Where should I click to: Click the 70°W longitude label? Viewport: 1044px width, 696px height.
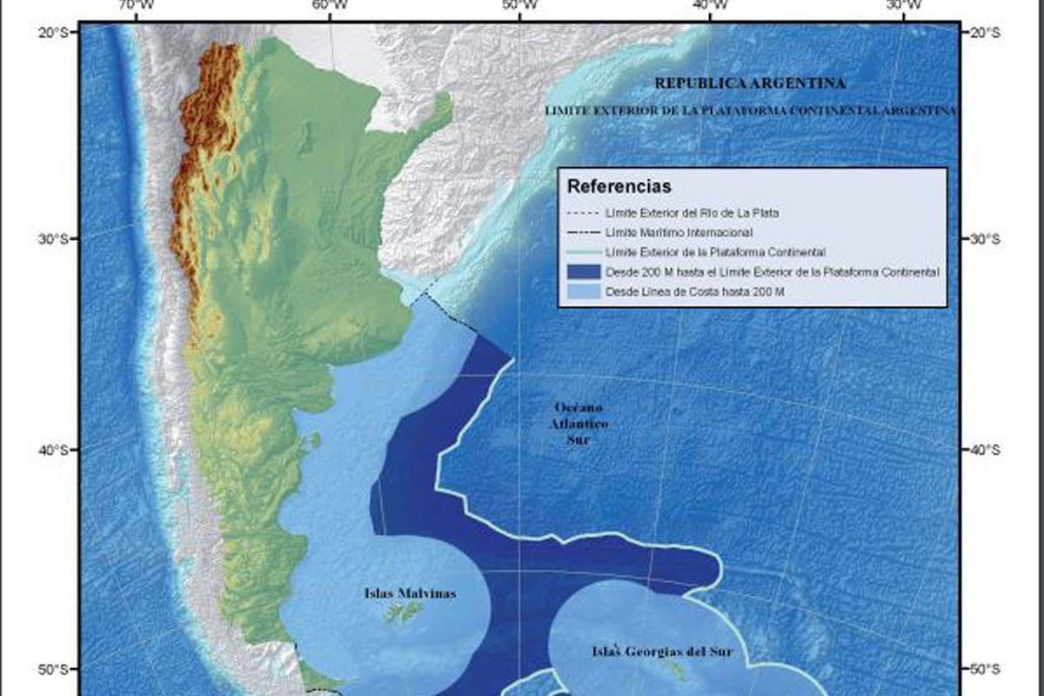pos(131,7)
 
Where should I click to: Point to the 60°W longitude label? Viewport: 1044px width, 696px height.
pos(325,7)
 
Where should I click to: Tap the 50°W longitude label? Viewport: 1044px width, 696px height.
pos(518,7)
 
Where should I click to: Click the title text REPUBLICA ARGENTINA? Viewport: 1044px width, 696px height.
pos(749,84)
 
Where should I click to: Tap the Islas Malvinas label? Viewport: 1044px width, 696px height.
pos(410,594)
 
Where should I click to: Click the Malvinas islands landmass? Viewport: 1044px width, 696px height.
pos(402,614)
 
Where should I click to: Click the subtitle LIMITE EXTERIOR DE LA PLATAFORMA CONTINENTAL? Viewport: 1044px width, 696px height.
pos(749,111)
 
